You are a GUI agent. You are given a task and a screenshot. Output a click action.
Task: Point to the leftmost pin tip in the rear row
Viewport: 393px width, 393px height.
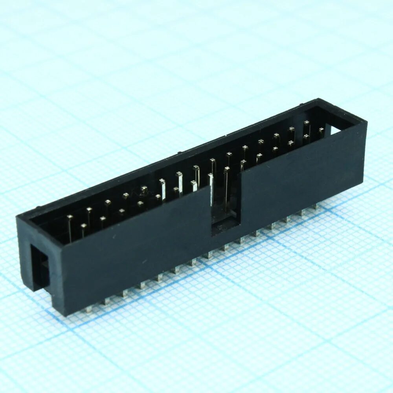pos(70,217)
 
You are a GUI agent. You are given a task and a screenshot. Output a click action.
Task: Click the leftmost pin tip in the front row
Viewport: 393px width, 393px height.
pos(84,226)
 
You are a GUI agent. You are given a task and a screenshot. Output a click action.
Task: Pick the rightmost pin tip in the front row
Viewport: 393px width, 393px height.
pos(321,130)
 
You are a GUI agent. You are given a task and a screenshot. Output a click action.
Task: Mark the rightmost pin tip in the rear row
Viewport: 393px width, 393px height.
pos(307,123)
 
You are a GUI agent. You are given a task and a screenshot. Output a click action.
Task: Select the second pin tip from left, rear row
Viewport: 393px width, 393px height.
pos(90,210)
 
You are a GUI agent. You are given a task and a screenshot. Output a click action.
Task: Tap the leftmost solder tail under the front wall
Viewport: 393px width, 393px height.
pos(88,309)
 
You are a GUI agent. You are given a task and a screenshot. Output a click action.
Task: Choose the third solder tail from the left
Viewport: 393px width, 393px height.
pos(125,292)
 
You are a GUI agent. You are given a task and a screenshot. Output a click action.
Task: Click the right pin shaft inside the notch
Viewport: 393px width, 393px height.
pos(227,189)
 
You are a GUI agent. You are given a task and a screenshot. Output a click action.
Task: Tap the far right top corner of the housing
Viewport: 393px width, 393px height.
pos(366,122)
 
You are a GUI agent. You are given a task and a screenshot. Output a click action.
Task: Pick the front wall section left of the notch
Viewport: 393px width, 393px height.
pos(134,252)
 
